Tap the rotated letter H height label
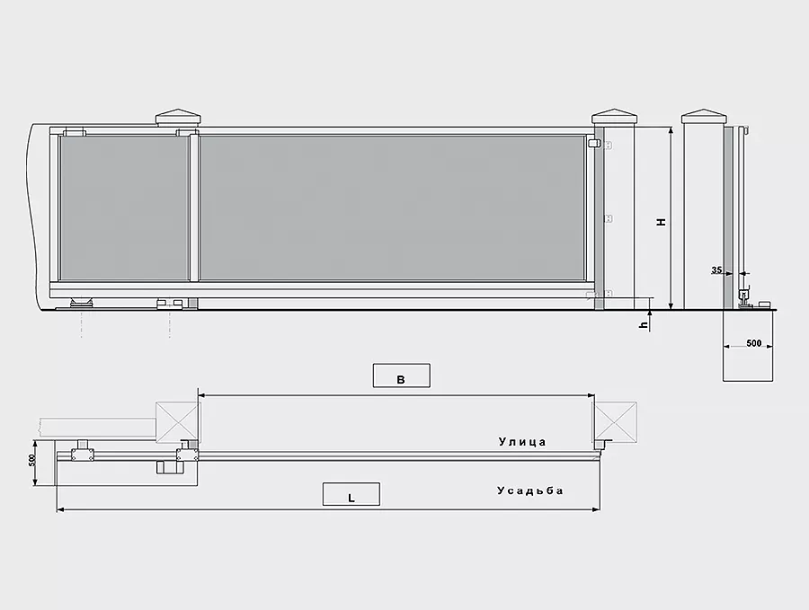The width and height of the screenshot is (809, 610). pyautogui.click(x=662, y=222)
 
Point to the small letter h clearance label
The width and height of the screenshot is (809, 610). pyautogui.click(x=644, y=325)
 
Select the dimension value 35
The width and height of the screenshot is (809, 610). pyautogui.click(x=716, y=270)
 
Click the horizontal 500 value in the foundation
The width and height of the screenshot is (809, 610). pyautogui.click(x=754, y=343)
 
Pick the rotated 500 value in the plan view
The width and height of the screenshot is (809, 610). pyautogui.click(x=31, y=461)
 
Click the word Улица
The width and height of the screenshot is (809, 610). pyautogui.click(x=522, y=441)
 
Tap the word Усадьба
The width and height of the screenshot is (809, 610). pyautogui.click(x=530, y=491)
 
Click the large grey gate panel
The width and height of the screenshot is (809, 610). pyautogui.click(x=392, y=208)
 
